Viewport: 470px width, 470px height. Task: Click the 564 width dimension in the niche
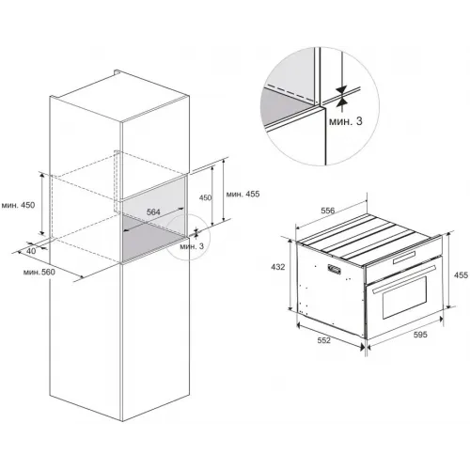tap(153, 212)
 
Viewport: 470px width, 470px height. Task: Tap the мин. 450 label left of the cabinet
tap(18, 206)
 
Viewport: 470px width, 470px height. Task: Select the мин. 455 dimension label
tap(243, 195)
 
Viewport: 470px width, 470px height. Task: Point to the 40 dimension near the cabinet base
tap(31, 251)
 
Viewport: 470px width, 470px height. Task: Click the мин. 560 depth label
tap(39, 273)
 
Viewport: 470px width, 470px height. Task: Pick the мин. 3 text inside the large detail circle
tap(346, 121)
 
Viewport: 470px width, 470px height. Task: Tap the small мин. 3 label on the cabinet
tap(192, 246)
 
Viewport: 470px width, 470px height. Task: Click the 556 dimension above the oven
tap(328, 211)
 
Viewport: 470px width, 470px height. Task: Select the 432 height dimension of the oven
tap(278, 267)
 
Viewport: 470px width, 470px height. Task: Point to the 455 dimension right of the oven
tap(461, 275)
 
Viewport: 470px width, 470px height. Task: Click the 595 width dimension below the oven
tap(420, 335)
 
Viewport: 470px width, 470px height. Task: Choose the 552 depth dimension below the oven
tap(323, 340)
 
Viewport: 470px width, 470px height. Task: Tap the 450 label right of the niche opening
tap(206, 197)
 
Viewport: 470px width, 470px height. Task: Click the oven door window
tap(404, 297)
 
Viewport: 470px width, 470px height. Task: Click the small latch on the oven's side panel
tap(334, 269)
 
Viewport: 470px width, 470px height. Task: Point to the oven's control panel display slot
tap(404, 257)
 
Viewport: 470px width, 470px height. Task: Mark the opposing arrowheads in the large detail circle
tap(342, 95)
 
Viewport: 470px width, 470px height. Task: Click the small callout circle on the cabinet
tap(188, 238)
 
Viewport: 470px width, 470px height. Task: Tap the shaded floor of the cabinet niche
tap(150, 238)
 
